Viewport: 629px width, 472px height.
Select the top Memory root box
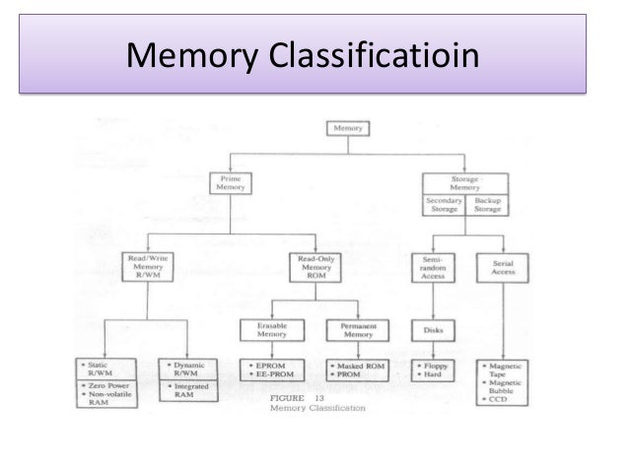pyautogui.click(x=345, y=128)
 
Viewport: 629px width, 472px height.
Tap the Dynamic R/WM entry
pyautogui.click(x=190, y=371)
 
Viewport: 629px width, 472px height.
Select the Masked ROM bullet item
pyautogui.click(x=357, y=368)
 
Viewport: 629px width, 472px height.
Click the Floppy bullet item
pyautogui.click(x=433, y=368)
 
